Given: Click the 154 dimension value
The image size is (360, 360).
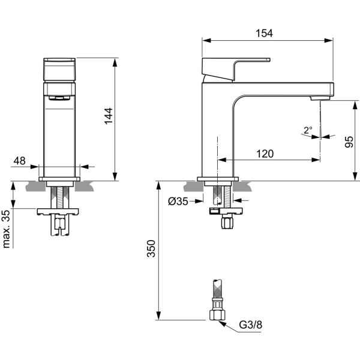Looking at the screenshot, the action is [x=264, y=33].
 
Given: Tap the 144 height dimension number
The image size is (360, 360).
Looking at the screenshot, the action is [x=109, y=116].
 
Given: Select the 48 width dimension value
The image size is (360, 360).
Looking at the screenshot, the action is [x=20, y=161].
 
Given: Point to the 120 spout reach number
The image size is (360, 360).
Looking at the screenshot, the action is [x=265, y=154].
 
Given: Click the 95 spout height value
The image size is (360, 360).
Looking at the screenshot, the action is [x=349, y=142].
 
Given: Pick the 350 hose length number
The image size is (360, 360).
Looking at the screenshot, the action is [x=151, y=248].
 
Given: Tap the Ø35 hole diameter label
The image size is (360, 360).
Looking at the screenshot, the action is [x=178, y=202].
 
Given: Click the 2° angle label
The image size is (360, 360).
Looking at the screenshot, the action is [x=308, y=130].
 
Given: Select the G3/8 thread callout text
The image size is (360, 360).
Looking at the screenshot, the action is [x=250, y=325].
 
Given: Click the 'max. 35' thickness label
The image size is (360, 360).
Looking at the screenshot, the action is [x=6, y=229].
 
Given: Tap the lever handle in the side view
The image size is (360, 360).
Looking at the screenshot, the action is [x=236, y=69].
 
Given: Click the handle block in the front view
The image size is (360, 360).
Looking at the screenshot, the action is [x=59, y=70].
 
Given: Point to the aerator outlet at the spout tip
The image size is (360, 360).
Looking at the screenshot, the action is [x=320, y=98].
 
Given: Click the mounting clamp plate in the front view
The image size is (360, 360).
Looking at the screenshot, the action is [x=58, y=212].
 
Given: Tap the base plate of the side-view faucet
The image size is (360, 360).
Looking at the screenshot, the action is [x=218, y=179].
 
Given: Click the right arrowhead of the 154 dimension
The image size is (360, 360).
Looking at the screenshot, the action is [x=329, y=40].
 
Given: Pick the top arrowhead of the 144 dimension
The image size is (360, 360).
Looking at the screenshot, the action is [x=115, y=62].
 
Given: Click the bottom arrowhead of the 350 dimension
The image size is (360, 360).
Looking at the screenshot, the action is [x=158, y=315].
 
